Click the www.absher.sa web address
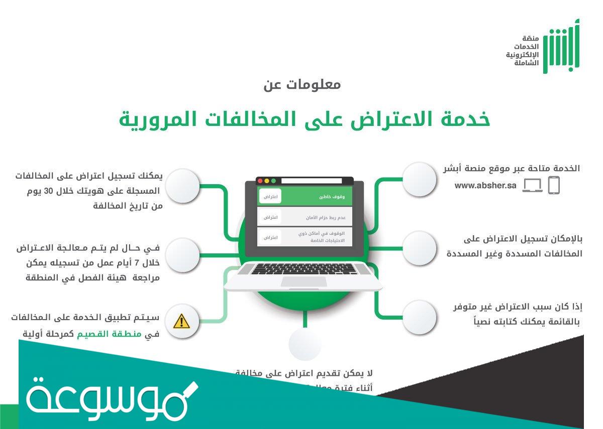pyautogui.click(x=485, y=186)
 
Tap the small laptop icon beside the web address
pyautogui.click(x=532, y=186)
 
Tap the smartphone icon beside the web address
pyautogui.click(x=553, y=185)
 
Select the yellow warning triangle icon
pyautogui.click(x=181, y=321)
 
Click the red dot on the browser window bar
pyautogui.click(x=260, y=181)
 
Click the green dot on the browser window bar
pyautogui.click(x=274, y=181)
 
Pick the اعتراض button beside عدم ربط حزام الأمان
pyautogui.click(x=270, y=217)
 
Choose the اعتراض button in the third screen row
pyautogui.click(x=270, y=237)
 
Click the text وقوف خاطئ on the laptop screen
pyautogui.click(x=332, y=197)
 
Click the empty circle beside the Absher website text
pyautogui.click(x=419, y=179)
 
